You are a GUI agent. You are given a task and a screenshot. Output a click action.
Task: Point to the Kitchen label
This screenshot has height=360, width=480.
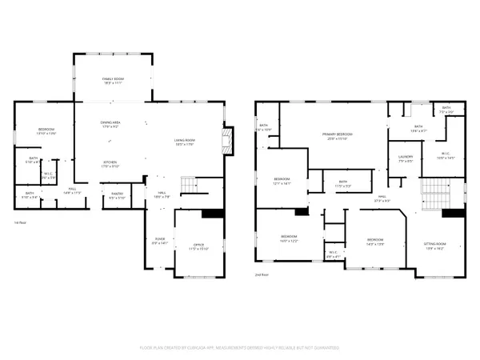(110, 165)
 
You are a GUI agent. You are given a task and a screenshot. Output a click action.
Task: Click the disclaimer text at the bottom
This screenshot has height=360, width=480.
(240, 347)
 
